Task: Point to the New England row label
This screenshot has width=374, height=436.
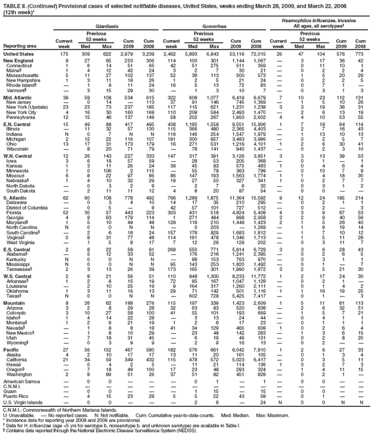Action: (19, 61)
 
